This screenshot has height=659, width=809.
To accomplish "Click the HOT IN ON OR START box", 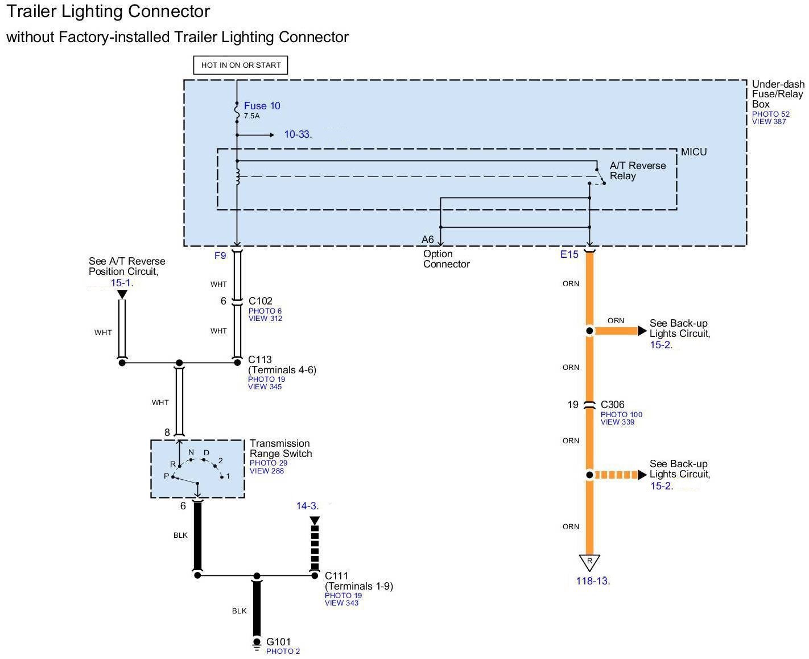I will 241,65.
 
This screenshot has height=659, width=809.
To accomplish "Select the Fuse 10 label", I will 262,106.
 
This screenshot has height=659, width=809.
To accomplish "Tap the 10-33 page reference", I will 297,134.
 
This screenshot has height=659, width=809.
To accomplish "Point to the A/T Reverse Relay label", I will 637,171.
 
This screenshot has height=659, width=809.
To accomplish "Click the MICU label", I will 694,152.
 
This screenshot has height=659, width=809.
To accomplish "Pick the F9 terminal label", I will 220,256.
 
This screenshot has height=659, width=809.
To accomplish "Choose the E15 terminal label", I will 569,254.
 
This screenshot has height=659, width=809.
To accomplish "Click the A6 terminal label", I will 428,240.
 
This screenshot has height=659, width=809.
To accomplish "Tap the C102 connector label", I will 261,301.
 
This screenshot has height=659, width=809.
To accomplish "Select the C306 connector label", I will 612,405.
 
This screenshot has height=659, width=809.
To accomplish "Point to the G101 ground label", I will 278,642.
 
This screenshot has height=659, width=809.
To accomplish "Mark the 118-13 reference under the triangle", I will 592,581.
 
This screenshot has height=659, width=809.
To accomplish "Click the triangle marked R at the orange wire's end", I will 589,562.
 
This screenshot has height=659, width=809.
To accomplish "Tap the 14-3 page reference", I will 307,506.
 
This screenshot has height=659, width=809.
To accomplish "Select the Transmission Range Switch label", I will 280,448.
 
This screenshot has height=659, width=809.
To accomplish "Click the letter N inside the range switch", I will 191,452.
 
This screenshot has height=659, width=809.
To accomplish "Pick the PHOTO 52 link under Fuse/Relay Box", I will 770,114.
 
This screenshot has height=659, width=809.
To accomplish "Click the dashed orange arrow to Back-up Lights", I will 620,475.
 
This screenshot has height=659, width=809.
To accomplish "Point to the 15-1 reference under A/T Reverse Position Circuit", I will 121,282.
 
